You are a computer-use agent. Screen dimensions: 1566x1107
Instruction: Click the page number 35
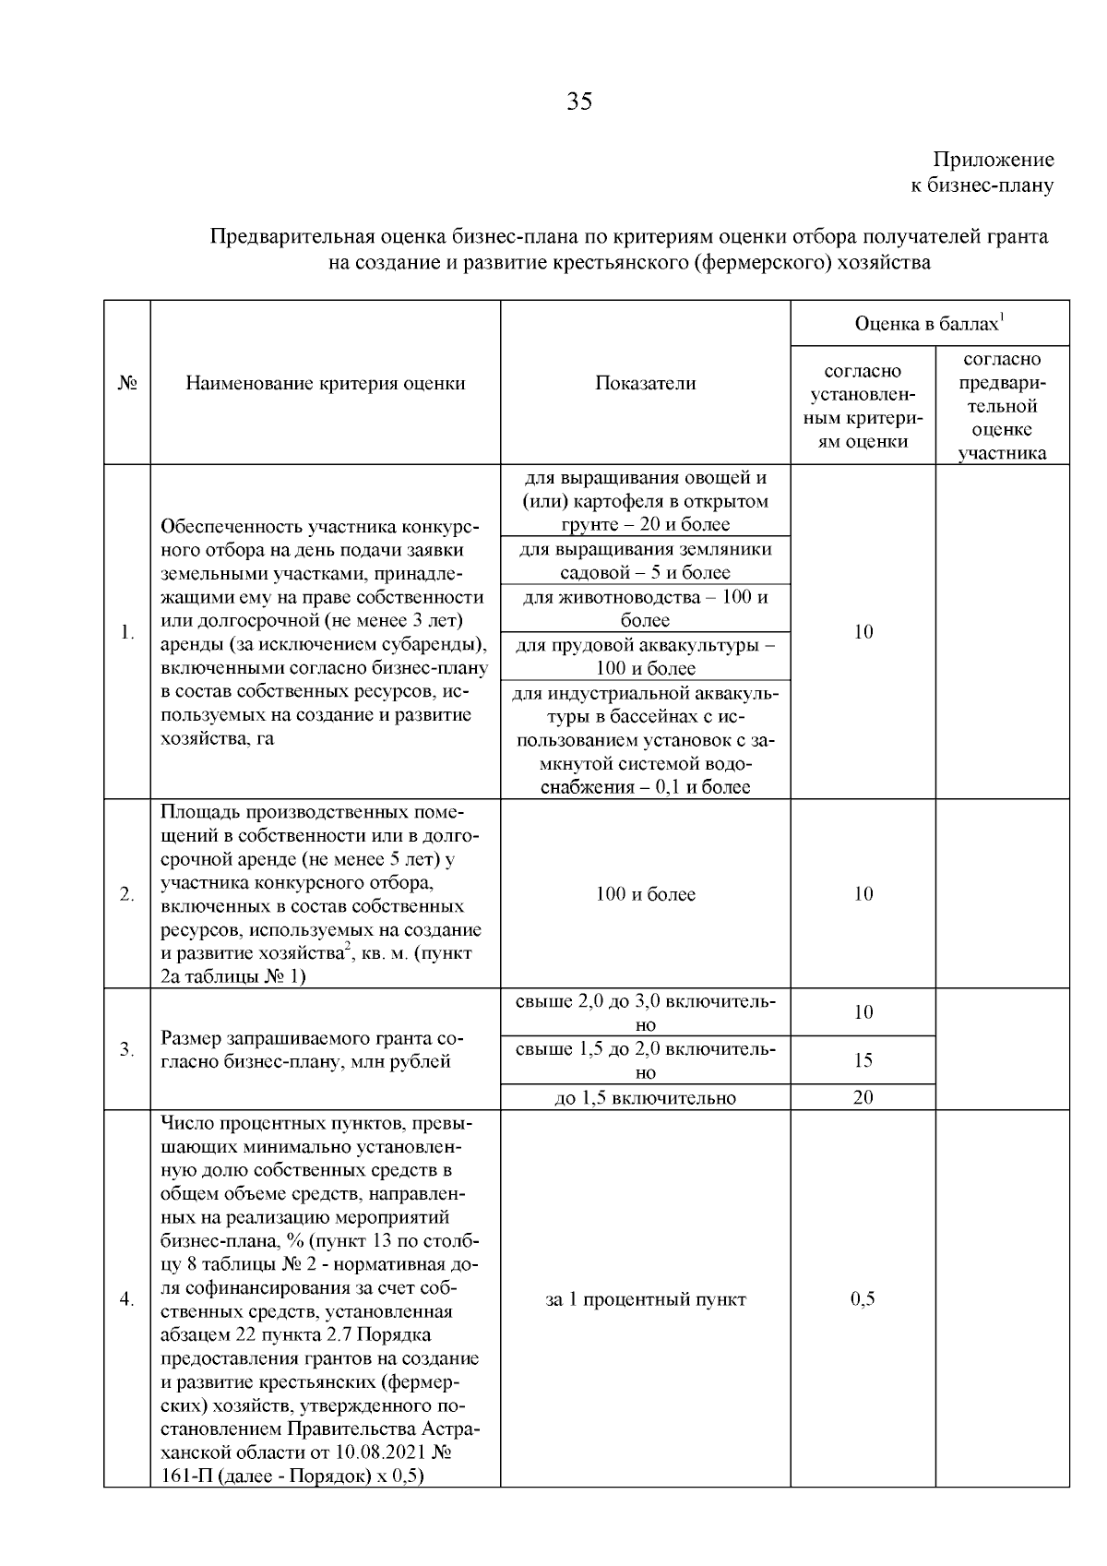click(x=579, y=102)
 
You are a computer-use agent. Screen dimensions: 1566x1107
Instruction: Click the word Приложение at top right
click(x=993, y=161)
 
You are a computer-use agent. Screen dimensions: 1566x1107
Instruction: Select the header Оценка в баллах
click(x=928, y=324)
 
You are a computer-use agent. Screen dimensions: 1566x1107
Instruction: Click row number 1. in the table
click(x=127, y=633)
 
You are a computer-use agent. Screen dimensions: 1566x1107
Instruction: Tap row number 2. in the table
click(x=127, y=894)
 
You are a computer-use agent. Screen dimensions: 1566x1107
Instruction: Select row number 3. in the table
click(x=127, y=1049)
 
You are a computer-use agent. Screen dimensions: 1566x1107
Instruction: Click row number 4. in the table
click(x=127, y=1299)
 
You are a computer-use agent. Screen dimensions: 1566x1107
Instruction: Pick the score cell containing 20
click(x=863, y=1097)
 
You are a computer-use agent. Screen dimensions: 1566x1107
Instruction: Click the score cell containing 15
click(x=863, y=1060)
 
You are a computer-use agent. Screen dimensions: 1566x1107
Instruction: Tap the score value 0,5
click(x=863, y=1299)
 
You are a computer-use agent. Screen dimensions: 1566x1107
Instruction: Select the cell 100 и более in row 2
click(x=645, y=894)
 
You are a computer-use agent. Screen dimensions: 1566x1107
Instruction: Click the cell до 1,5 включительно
click(x=645, y=1097)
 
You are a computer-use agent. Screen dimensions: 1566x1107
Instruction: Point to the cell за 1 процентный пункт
click(x=645, y=1299)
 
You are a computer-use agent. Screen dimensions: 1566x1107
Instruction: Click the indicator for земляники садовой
click(x=645, y=561)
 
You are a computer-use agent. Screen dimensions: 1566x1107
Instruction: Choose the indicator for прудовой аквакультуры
click(x=645, y=656)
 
